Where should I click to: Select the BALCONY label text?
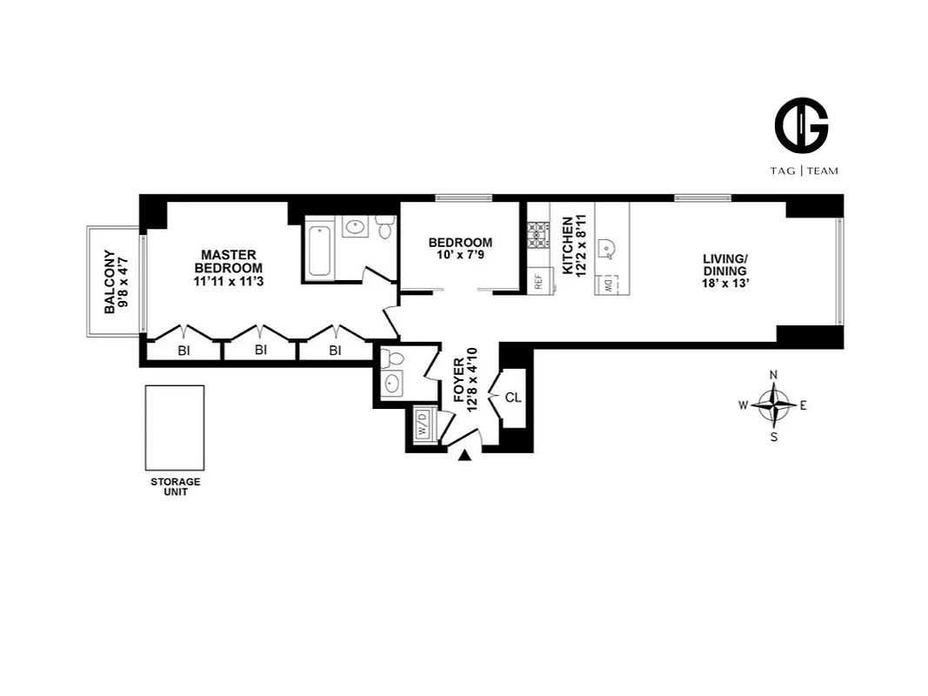point(110,282)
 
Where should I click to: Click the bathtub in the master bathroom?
point(319,251)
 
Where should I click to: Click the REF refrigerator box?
point(538,282)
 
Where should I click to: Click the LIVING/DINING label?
point(725,264)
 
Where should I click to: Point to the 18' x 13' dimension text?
point(725,283)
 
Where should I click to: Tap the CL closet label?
point(513,398)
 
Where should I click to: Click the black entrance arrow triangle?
point(464,455)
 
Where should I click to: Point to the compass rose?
point(773,405)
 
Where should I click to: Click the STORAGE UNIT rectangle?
point(175,427)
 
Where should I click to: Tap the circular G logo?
point(801,125)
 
